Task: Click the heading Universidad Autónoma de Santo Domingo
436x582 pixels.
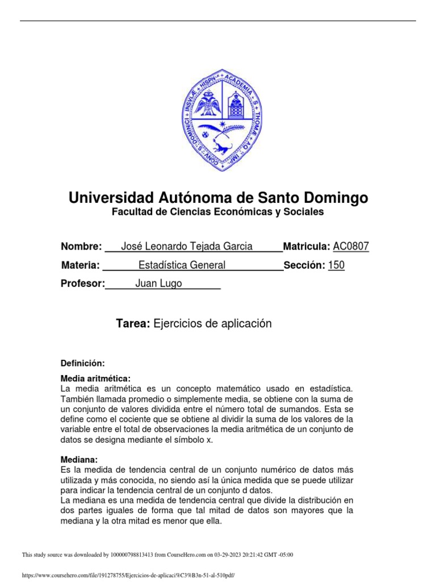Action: [x=218, y=198]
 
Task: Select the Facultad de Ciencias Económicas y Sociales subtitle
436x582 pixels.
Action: [x=218, y=212]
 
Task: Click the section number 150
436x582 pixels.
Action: [x=336, y=265]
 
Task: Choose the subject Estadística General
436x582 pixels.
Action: [x=182, y=265]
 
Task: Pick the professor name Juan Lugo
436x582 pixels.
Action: [x=158, y=284]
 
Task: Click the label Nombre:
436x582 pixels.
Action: [x=81, y=247]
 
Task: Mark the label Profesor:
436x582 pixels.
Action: [x=83, y=284]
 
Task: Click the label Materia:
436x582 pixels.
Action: [x=80, y=265]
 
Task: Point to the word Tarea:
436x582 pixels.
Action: [x=133, y=323]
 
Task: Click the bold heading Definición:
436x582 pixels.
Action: [x=83, y=363]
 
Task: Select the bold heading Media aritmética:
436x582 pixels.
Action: [x=95, y=379]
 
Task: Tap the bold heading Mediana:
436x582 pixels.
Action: [x=79, y=459]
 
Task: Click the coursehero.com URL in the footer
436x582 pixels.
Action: [x=128, y=575]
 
